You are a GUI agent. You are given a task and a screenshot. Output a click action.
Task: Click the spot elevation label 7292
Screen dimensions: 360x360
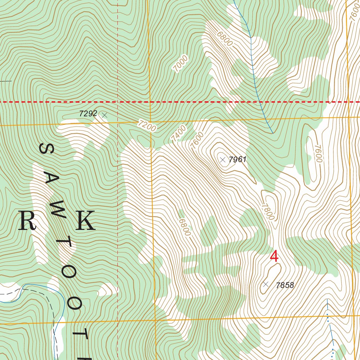tap(88, 114)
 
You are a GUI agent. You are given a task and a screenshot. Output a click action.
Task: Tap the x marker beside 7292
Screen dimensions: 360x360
tap(104, 115)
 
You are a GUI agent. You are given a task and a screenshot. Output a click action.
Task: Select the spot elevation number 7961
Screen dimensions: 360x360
tap(237, 160)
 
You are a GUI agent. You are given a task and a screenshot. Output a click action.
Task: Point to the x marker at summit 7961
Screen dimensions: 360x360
tap(223, 160)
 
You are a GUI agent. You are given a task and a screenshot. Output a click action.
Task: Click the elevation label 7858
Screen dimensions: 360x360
tap(284, 285)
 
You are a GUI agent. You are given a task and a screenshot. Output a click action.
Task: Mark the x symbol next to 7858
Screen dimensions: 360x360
tap(266, 284)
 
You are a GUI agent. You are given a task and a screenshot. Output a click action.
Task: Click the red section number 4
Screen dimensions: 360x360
tap(274, 256)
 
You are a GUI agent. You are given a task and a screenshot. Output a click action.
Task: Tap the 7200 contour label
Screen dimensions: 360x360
tap(147, 126)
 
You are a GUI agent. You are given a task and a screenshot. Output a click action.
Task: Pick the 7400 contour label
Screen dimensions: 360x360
tap(178, 134)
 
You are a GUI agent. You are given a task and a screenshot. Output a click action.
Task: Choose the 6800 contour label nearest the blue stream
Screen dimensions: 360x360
tap(225, 39)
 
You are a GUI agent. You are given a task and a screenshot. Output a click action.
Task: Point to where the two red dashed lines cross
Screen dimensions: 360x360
tap(117, 102)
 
